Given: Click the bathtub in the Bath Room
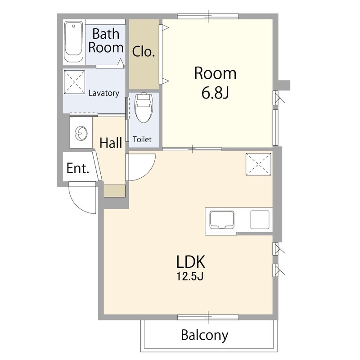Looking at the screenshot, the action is tap(73, 41).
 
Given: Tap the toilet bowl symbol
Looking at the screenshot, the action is tap(144, 108).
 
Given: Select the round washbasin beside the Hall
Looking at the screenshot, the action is tap(81, 133).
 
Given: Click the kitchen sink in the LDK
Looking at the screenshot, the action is tap(222, 220).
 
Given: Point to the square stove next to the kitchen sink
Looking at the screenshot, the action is tap(260, 220).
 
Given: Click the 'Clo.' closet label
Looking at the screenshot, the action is tap(144, 52).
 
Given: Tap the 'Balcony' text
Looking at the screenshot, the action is tap(205, 336).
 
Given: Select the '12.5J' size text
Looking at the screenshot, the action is tap(190, 276).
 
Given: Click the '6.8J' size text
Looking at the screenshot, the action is tap(215, 93).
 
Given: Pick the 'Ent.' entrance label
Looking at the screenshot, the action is tap(77, 168).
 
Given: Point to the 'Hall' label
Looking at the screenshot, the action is tap(111, 143).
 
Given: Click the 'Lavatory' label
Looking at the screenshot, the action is tap(104, 93).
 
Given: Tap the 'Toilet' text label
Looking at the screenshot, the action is tap(142, 139).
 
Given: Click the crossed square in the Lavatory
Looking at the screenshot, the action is tap(74, 82).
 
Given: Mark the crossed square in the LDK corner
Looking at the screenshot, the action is tap(258, 164).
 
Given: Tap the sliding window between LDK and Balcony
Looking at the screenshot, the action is tap(208, 317).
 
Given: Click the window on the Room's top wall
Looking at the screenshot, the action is tap(208, 16).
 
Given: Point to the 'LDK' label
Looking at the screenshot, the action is tap(190, 262).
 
